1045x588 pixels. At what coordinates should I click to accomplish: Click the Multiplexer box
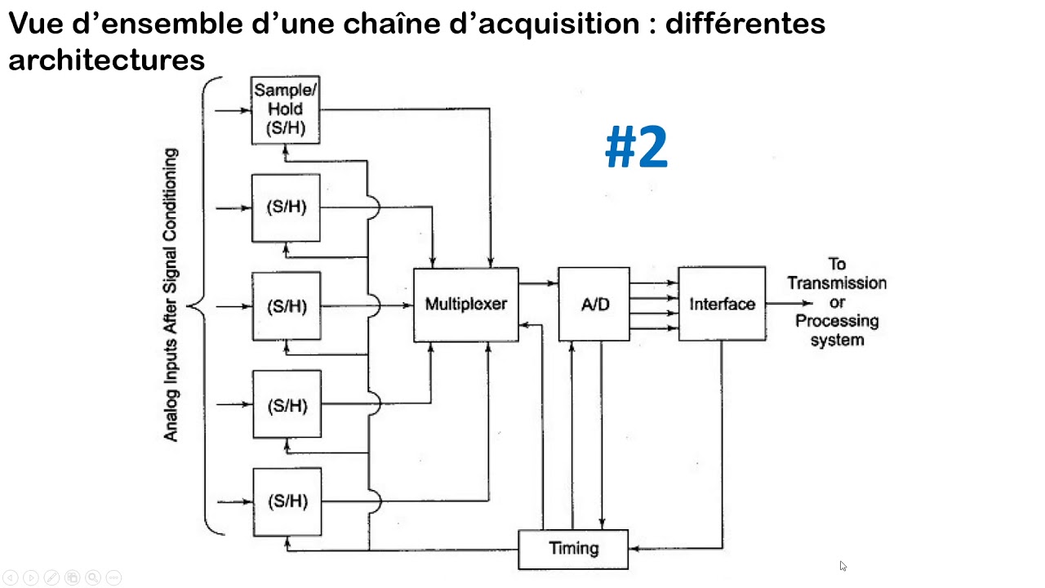pyautogui.click(x=465, y=305)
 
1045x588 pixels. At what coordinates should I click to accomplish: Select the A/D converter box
pyautogui.click(x=594, y=305)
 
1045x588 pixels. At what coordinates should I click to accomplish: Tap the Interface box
pyautogui.click(x=722, y=305)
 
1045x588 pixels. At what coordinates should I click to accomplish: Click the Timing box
pyautogui.click(x=573, y=549)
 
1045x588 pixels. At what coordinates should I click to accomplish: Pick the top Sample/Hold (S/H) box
pyautogui.click(x=285, y=109)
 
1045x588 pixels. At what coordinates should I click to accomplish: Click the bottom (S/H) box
pyautogui.click(x=286, y=501)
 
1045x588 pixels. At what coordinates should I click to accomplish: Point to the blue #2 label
pyautogui.click(x=636, y=149)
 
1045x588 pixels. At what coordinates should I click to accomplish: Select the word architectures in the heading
pyautogui.click(x=106, y=60)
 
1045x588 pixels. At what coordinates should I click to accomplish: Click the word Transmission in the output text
pyautogui.click(x=837, y=283)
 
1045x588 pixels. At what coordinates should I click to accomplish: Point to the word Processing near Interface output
pyautogui.click(x=837, y=321)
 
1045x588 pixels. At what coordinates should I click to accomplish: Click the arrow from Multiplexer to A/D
pyautogui.click(x=538, y=283)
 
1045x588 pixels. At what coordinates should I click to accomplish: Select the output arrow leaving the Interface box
pyautogui.click(x=789, y=303)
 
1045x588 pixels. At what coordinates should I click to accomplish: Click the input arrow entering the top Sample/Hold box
pyautogui.click(x=233, y=109)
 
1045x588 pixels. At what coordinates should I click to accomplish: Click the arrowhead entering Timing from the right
pyautogui.click(x=634, y=548)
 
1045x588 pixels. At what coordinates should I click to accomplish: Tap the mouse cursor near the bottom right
pyautogui.click(x=843, y=565)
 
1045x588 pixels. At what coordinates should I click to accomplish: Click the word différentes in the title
pyautogui.click(x=745, y=24)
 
